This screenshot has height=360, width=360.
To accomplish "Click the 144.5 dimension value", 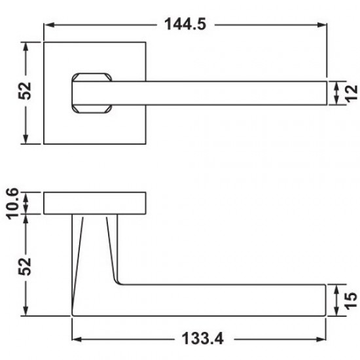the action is pos(185,24).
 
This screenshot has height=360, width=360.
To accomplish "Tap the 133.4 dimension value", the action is pos(202,338).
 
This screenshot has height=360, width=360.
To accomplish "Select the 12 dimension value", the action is pos(351,93).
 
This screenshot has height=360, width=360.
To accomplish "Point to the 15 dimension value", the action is pos(351,300).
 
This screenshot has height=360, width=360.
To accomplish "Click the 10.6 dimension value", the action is pos(12,204).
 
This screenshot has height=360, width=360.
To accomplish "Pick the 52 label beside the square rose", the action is pos(24,91).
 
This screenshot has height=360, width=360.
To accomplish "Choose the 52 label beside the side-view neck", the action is pos(24,266).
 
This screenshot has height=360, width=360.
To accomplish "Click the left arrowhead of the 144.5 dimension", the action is pos(49,25).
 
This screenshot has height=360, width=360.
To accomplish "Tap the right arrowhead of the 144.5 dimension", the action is pos(321,25).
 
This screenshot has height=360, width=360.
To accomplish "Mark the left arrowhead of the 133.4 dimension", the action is pos(77,339).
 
